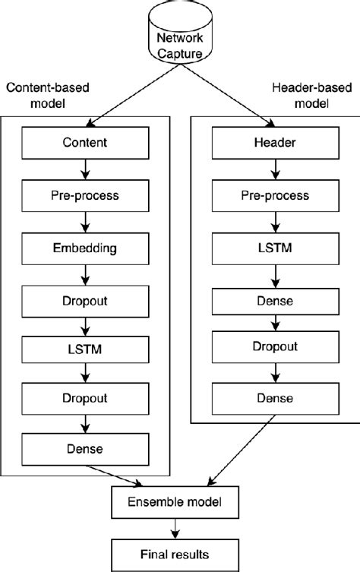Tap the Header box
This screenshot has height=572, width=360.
(270, 142)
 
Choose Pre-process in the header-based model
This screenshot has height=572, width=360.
(270, 194)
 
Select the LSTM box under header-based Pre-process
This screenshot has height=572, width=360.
(270, 247)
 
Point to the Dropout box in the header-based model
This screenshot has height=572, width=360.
(270, 346)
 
